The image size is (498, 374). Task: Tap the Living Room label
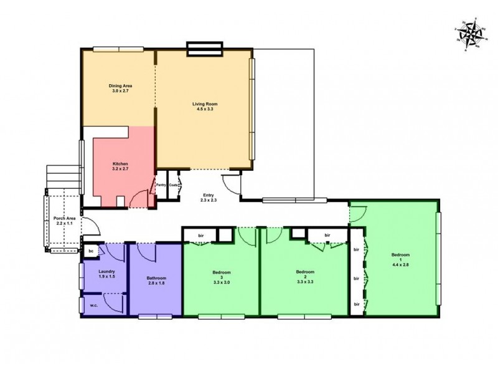click(204, 103)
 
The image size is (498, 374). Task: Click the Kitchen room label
click(120, 163)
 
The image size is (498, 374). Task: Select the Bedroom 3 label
click(222, 272)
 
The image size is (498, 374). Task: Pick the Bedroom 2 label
click(304, 272)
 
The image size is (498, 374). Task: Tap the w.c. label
click(93, 305)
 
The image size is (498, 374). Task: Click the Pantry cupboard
click(161, 185)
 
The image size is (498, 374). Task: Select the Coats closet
click(174, 185)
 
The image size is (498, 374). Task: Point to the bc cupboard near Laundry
click(91, 251)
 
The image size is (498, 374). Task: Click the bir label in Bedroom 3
click(201, 235)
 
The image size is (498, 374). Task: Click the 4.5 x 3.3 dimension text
click(204, 110)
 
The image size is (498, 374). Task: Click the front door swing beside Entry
click(230, 184)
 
